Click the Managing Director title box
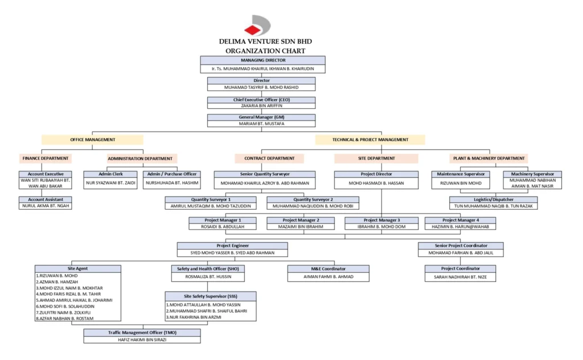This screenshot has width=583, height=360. [262, 60]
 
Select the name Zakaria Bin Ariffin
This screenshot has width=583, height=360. [261, 105]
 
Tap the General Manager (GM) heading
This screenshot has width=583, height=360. [261, 117]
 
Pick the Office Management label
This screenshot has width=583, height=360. [92, 140]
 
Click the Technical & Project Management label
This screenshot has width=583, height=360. [370, 140]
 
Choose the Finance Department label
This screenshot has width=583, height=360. [46, 158]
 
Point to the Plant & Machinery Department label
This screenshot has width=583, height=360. [488, 158]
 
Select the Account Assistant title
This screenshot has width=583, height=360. [46, 199]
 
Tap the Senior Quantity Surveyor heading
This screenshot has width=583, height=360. [264, 174]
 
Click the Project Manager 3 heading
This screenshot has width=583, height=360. [381, 220]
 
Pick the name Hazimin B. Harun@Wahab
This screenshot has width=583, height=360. [460, 227]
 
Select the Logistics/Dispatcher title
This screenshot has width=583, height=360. [493, 199]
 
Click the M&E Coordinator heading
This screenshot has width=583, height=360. [327, 268]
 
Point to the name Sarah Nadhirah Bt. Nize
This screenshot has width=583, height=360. [460, 277]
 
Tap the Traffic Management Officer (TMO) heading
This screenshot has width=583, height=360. [142, 332]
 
